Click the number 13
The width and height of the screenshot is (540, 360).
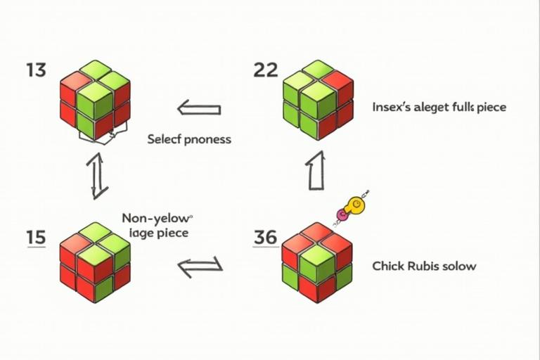[36, 71]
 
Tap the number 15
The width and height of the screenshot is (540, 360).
[36, 238]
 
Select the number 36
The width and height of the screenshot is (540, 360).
[265, 238]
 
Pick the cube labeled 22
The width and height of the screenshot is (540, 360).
[317, 99]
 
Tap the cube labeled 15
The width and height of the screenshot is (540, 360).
[95, 262]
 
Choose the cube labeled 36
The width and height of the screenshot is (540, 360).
[316, 262]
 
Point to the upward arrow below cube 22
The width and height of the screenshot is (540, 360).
[316, 171]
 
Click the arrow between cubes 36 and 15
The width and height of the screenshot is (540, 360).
[200, 266]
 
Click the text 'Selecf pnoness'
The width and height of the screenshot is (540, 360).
[189, 139]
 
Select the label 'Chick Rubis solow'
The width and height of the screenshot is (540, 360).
[423, 266]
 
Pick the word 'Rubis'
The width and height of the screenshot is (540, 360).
[423, 266]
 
